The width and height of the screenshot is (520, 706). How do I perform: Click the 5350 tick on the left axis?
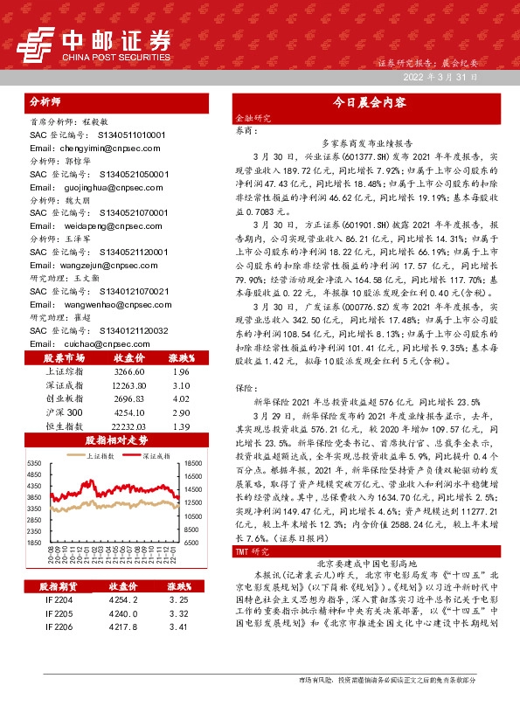[35, 462]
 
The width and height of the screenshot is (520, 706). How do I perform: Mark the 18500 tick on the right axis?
[193, 462]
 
